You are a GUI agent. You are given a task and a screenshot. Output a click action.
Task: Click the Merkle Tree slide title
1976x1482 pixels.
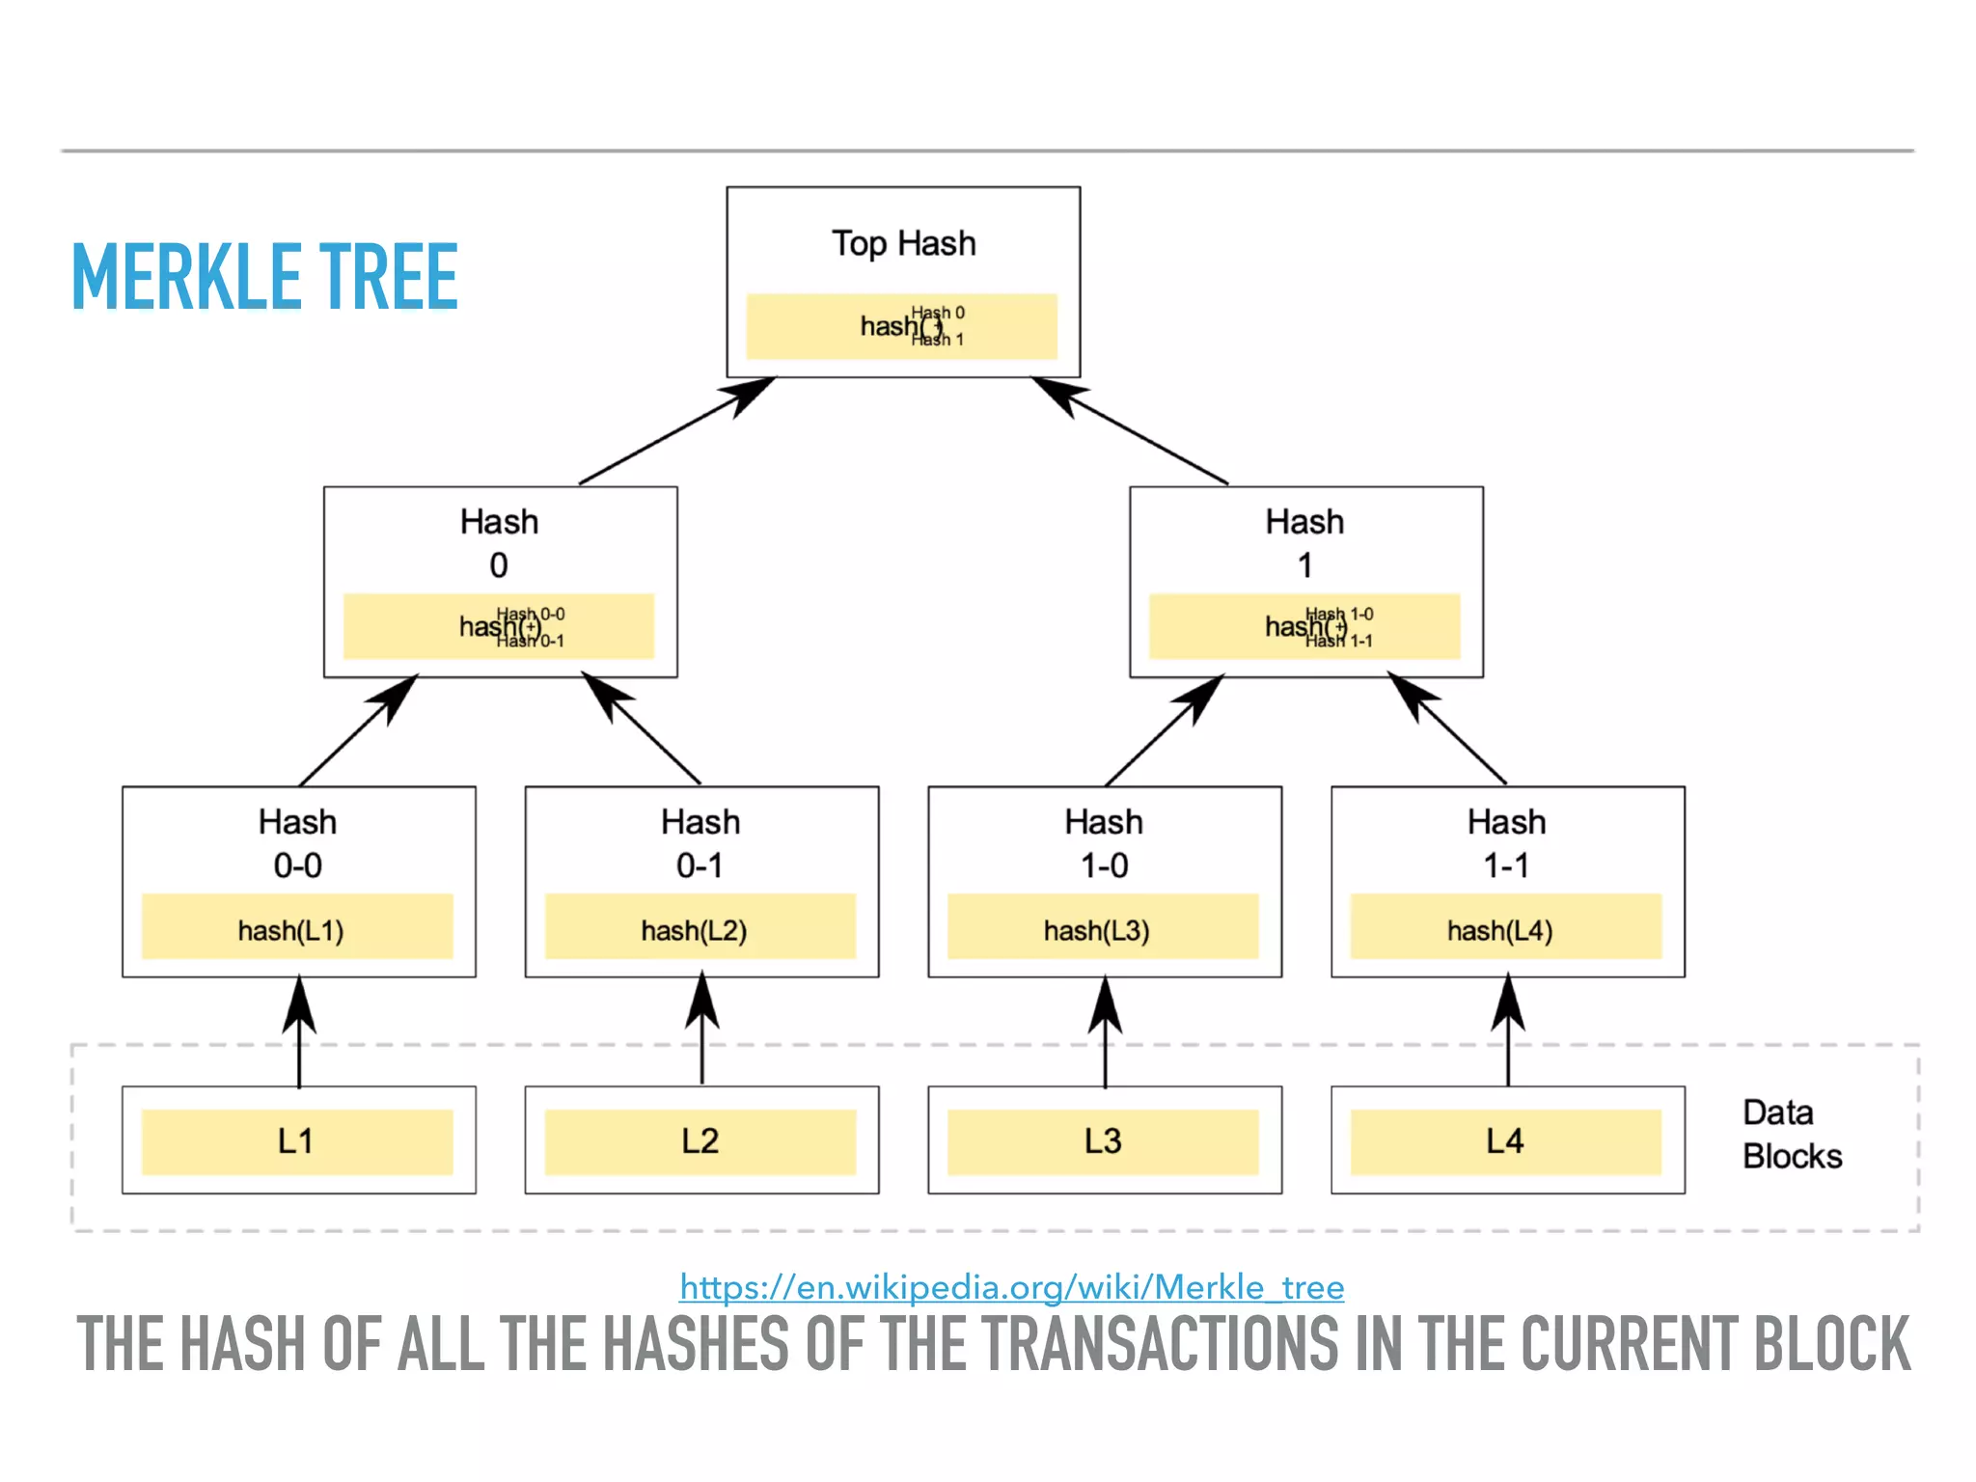[264, 277]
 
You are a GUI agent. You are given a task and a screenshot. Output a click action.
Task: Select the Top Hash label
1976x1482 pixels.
[903, 243]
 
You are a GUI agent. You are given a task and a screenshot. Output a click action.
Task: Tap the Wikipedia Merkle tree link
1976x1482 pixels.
[1011, 1287]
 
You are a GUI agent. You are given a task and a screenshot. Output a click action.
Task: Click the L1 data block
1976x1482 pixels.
[297, 1141]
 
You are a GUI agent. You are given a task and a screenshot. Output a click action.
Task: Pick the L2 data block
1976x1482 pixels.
[700, 1141]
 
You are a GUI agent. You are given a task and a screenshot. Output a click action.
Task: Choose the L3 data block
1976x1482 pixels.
[1103, 1141]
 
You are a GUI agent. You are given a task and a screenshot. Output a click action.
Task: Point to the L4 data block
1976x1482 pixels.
[1506, 1141]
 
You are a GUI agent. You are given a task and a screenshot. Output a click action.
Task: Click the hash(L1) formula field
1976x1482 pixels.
[297, 928]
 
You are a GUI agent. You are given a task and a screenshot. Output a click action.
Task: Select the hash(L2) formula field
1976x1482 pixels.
[700, 928]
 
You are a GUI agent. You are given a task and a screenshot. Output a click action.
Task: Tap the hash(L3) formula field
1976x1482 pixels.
[1103, 928]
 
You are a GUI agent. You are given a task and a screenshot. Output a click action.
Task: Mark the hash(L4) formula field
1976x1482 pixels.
[1506, 928]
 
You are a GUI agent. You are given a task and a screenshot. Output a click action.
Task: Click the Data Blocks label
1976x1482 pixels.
[1792, 1135]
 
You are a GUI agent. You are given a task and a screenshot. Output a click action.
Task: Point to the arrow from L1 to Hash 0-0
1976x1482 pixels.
[299, 1032]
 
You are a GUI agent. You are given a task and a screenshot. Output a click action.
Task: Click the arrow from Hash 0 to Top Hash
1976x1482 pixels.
[675, 431]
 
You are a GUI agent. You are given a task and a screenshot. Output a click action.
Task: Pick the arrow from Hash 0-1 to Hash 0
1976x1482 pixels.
[643, 730]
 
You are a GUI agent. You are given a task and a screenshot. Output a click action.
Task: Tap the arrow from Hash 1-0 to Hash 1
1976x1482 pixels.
[1164, 730]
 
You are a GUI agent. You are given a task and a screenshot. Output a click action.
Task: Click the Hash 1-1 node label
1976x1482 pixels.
[1506, 843]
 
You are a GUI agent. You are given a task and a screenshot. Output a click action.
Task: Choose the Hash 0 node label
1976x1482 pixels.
[499, 543]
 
